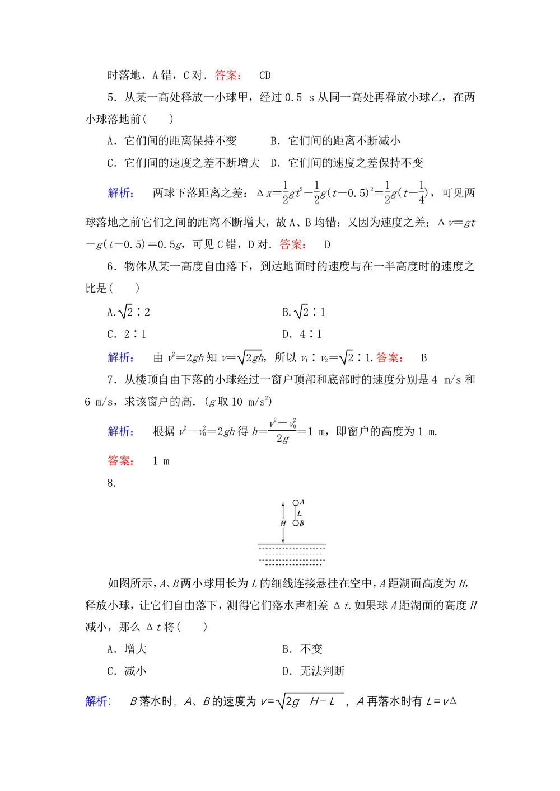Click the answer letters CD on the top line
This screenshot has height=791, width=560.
pos(265,76)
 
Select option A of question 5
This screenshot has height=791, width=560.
pos(172,141)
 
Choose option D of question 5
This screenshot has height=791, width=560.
pos(347,163)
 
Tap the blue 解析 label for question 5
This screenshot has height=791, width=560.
pos(120,193)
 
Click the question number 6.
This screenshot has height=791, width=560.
pos(111,267)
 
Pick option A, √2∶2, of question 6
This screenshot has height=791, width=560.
pos(129,312)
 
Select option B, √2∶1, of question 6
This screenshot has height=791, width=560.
pos(304,312)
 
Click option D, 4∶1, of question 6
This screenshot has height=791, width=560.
pos(302,335)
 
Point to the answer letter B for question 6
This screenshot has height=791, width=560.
pos(424,358)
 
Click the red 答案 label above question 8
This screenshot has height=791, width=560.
pos(120,461)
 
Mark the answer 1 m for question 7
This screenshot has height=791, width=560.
pos(161,462)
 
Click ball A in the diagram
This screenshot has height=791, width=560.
pos(296,503)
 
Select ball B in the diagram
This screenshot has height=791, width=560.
pos(296,524)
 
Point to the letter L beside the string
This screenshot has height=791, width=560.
pos(300,514)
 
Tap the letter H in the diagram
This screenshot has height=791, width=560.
pos(283,524)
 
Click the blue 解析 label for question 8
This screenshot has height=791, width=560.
pos(98,701)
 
